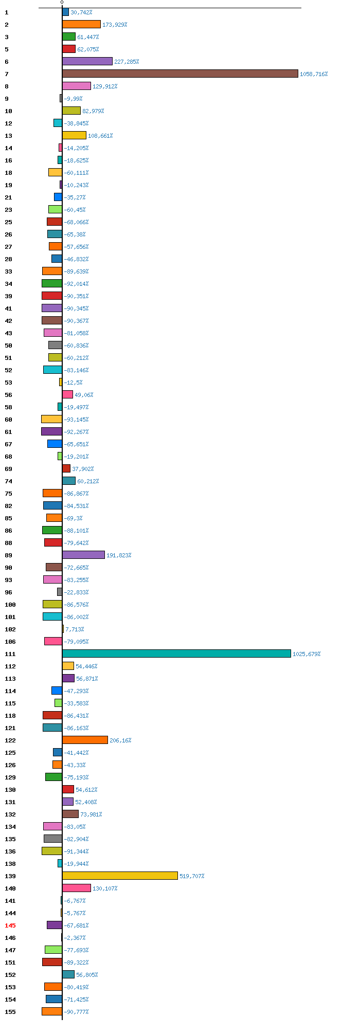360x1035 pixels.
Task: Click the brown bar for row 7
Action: click(180, 74)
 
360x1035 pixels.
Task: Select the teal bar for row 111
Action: click(176, 653)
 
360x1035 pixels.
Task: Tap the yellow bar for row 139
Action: click(120, 876)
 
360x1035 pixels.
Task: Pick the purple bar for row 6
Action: click(87, 61)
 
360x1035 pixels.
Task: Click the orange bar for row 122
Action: click(85, 740)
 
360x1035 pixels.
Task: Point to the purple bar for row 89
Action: click(83, 555)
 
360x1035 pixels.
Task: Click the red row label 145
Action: click(10, 925)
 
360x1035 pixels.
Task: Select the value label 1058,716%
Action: click(314, 74)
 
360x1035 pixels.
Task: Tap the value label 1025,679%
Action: click(307, 654)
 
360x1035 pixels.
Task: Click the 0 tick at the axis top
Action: click(62, 3)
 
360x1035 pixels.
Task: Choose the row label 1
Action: click(6, 12)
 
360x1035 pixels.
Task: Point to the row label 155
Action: click(10, 1012)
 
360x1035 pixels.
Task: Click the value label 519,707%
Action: click(192, 876)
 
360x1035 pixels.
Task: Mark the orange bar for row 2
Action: click(81, 24)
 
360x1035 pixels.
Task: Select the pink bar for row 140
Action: click(77, 888)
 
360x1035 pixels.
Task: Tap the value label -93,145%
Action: click(76, 420)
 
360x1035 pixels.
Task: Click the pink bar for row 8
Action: click(77, 86)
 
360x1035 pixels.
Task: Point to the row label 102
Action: click(10, 629)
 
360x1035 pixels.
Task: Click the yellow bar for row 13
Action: click(74, 135)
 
